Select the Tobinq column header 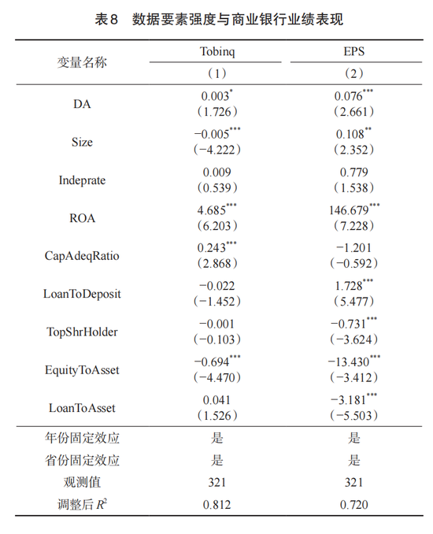pos(216,52)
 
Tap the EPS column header pos(354,52)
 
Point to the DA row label pos(82,104)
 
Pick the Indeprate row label pos(82,180)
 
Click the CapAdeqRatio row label pos(82,255)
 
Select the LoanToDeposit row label pos(82,293)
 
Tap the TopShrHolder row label pos(82,331)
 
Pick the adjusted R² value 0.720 pos(354,503)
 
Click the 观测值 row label pos(82,482)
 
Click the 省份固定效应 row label pos(82,461)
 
